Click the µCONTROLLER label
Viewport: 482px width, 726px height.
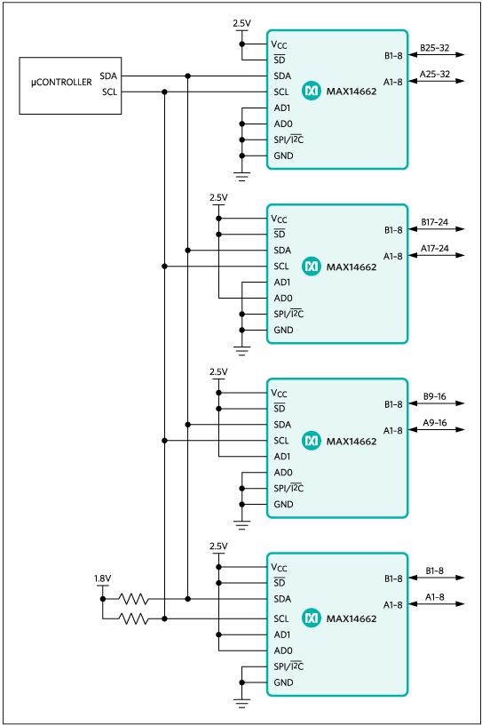pyautogui.click(x=61, y=83)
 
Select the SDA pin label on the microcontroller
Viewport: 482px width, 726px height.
pyautogui.click(x=108, y=76)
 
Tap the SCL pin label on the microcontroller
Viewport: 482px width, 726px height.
pyautogui.click(x=110, y=92)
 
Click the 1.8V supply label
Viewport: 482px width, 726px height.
pyautogui.click(x=103, y=578)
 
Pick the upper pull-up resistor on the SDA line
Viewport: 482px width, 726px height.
pyautogui.click(x=134, y=599)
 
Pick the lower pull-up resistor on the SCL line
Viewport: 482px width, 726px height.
pyautogui.click(x=134, y=618)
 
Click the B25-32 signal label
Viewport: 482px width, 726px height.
pyautogui.click(x=435, y=48)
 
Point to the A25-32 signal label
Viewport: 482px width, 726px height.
pyautogui.click(x=435, y=74)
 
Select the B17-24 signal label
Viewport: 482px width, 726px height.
pyautogui.click(x=435, y=222)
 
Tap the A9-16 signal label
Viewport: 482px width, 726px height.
pyautogui.click(x=435, y=423)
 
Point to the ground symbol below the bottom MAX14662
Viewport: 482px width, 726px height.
pyautogui.click(x=242, y=704)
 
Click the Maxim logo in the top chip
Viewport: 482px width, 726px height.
pyautogui.click(x=312, y=91)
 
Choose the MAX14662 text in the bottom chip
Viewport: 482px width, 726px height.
pyautogui.click(x=352, y=618)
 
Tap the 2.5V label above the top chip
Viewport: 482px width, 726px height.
pyautogui.click(x=242, y=23)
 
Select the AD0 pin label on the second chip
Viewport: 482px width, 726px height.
pyautogui.click(x=283, y=299)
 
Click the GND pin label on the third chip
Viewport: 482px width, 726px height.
pyautogui.click(x=283, y=504)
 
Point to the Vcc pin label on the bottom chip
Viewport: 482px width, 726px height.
pyautogui.click(x=279, y=568)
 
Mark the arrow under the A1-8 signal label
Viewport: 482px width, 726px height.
pyautogui.click(x=436, y=603)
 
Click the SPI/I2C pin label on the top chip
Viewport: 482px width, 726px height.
pyautogui.click(x=288, y=140)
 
